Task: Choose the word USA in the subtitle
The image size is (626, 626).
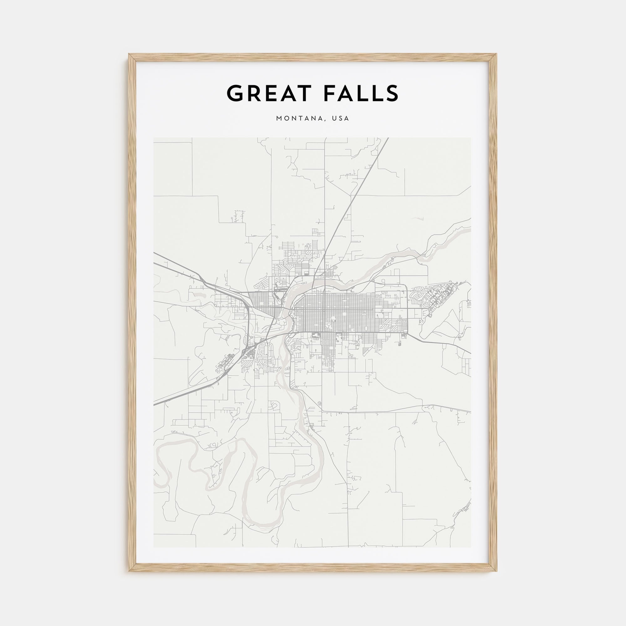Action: (341, 119)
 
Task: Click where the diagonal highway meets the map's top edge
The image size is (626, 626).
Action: (388, 138)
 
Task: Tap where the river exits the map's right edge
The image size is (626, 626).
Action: (470, 222)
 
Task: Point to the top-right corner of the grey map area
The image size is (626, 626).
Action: (471, 138)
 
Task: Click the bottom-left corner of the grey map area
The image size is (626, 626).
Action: (154, 547)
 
